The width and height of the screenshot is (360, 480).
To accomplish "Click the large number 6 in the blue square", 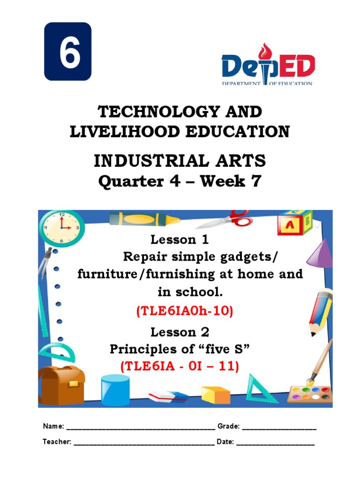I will [x=67, y=52].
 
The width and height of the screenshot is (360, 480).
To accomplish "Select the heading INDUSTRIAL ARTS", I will [x=180, y=161].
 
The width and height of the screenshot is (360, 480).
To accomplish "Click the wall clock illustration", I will [x=61, y=227].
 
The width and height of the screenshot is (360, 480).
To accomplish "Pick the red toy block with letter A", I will [x=291, y=225].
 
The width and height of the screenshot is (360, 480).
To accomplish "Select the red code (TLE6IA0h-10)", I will [x=184, y=311].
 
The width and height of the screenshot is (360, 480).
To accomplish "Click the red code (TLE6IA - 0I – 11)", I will [x=180, y=367].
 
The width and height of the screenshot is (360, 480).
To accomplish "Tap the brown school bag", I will [x=61, y=384].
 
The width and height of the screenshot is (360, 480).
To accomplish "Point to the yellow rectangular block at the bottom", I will [x=216, y=395].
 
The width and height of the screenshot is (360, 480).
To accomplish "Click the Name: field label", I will [x=53, y=427].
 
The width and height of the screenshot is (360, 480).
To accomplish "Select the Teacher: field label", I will [x=57, y=442].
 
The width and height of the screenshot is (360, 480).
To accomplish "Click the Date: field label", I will [x=225, y=442].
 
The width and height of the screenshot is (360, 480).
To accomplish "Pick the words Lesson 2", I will [x=180, y=332].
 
